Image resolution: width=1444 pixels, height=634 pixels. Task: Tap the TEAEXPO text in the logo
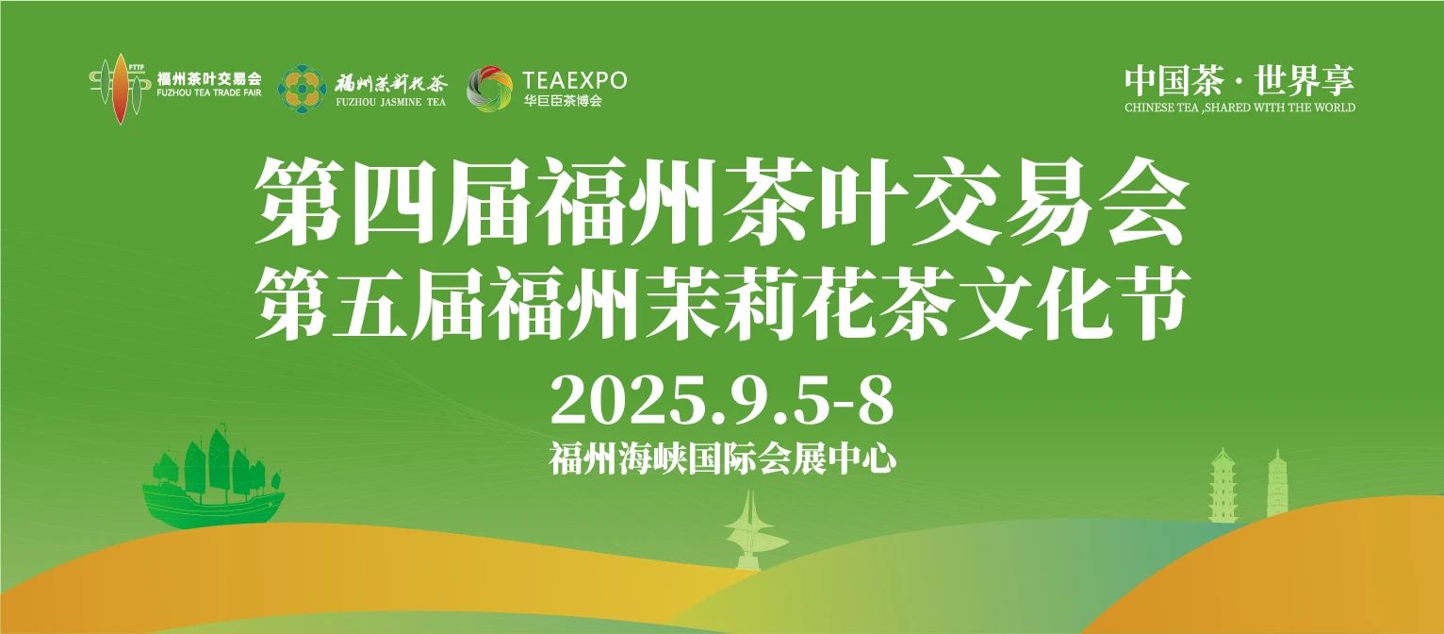pos(574,80)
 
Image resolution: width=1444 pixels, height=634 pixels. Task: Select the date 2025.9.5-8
pos(722,401)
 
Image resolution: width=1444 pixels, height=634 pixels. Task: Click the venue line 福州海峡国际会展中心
pos(723,459)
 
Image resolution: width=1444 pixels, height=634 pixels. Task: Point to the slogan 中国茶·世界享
pos(1239,82)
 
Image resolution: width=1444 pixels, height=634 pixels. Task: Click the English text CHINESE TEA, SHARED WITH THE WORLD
pos(1239,108)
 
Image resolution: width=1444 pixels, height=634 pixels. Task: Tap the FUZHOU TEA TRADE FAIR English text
pos(209,92)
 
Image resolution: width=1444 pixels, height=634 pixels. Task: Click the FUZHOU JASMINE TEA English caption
pos(390,102)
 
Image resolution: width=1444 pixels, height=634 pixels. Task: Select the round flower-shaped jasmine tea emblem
pos(303,89)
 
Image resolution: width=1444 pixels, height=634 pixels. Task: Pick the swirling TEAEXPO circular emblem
pos(489,89)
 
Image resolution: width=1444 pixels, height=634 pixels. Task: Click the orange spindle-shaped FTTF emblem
pos(120,89)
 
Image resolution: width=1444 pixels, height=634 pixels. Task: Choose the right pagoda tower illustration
pos(1276,484)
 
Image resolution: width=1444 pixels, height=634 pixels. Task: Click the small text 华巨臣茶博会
pos(562,101)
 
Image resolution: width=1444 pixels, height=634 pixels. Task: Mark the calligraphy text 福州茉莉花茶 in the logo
pos(390,83)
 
